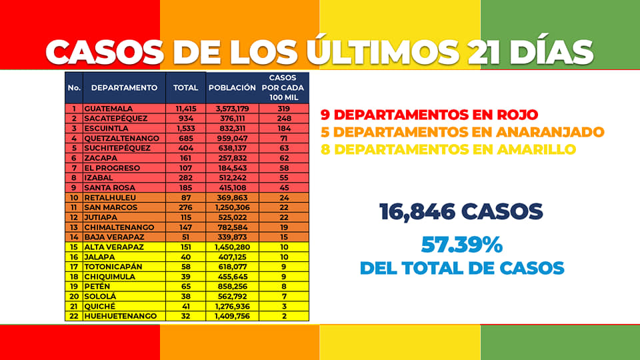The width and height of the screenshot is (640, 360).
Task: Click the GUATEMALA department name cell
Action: coord(108,109)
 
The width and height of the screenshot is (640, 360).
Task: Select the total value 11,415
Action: coord(186,109)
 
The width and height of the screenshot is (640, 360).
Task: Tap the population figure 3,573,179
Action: coord(232,109)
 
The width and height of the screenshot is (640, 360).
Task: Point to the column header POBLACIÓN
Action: coord(232,88)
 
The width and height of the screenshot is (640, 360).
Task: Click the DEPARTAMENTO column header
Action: coord(124,88)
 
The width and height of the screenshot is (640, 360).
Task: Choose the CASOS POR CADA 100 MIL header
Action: coord(283,87)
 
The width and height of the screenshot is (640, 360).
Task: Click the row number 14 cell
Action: coord(74,237)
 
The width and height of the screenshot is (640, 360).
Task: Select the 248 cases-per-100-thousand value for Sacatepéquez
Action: coord(284,119)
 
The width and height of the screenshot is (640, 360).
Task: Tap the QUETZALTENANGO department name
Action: coord(121,139)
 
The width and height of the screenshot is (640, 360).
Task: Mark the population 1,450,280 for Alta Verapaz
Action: coord(232,247)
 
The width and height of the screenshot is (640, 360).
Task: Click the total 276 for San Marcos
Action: coord(186,207)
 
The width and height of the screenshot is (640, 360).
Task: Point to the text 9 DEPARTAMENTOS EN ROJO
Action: coord(429,115)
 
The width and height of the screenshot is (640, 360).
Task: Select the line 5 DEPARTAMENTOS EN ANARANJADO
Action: coord(462,132)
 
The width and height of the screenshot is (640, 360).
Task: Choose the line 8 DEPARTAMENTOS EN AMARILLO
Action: coord(448,149)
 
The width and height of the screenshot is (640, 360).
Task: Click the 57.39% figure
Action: coord(461,245)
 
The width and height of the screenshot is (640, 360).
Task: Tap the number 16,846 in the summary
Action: coord(417,211)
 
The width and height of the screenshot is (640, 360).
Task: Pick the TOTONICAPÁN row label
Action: coord(113,267)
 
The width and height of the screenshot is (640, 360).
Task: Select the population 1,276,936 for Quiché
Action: coord(232,306)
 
